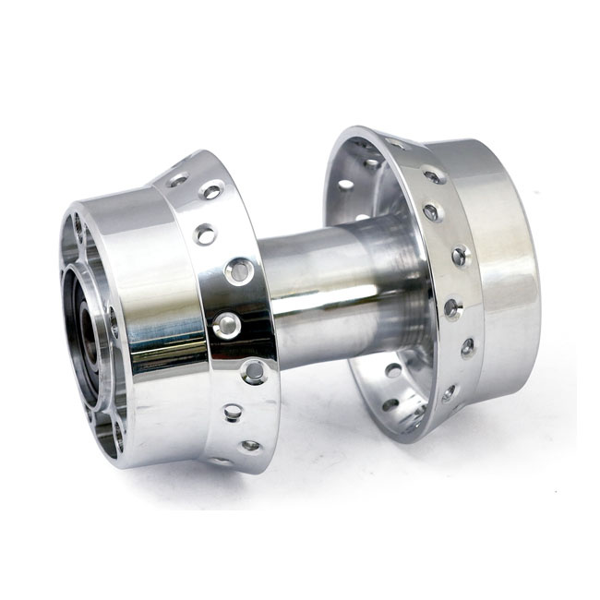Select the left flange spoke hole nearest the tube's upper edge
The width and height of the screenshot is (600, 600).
[237, 271]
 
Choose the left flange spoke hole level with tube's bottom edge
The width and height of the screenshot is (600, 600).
[254, 372]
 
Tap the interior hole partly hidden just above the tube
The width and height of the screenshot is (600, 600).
[361, 219]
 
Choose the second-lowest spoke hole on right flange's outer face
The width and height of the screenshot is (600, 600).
[467, 347]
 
